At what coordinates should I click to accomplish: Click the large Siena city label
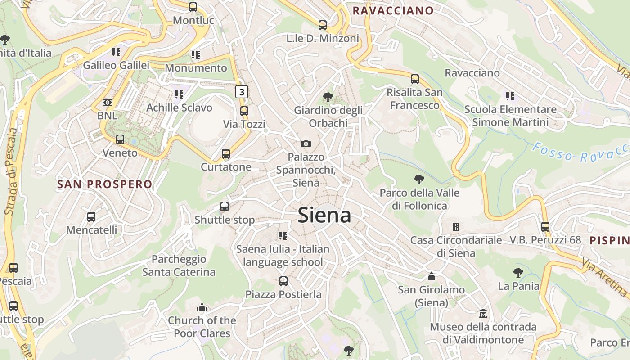(x=324, y=215)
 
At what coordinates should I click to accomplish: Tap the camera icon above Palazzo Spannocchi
(x=306, y=144)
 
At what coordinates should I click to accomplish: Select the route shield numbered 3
(x=242, y=92)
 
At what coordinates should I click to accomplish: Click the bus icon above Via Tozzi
(x=244, y=111)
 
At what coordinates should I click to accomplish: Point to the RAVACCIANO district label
(x=393, y=11)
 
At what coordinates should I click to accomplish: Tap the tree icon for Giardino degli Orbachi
(x=328, y=97)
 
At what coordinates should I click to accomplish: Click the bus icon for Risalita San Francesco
(x=415, y=79)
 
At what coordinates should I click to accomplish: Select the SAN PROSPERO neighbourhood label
(x=105, y=184)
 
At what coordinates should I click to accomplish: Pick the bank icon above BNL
(x=107, y=103)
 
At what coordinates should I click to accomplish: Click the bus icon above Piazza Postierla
(x=283, y=281)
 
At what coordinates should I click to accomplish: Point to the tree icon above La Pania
(x=518, y=272)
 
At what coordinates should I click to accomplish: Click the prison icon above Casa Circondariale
(x=456, y=226)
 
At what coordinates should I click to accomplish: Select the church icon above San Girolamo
(x=432, y=276)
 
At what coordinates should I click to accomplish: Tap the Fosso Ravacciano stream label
(x=580, y=153)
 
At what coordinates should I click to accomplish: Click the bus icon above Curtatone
(x=226, y=154)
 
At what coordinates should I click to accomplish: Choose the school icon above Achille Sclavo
(x=179, y=94)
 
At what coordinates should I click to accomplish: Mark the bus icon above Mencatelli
(x=91, y=216)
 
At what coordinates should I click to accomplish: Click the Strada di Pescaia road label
(x=11, y=171)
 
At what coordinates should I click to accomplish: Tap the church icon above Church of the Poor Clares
(x=202, y=307)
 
